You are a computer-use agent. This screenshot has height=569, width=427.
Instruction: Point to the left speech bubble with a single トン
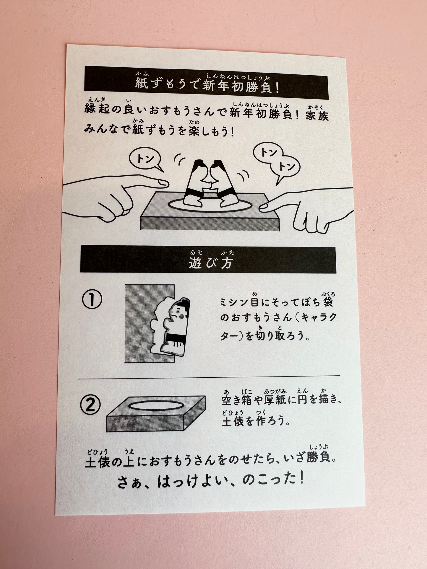145,161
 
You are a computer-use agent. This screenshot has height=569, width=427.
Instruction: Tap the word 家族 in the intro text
317,115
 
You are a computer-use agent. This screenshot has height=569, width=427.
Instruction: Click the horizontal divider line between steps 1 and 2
209,377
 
